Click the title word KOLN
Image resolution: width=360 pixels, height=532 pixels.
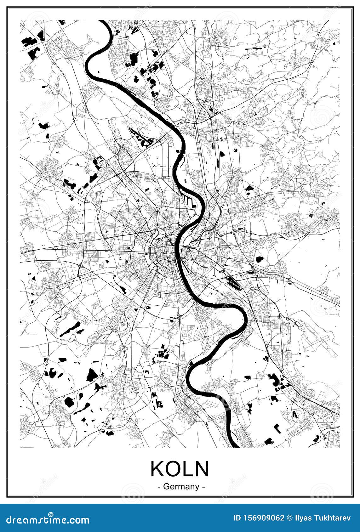[180, 469]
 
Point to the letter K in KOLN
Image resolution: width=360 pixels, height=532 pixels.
[157, 469]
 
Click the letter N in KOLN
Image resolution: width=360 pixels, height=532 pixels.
[202, 469]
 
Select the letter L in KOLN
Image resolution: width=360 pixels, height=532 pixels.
[188, 469]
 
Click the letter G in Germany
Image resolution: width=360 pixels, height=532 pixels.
[166, 487]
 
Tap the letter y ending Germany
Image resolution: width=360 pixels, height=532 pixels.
[197, 488]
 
